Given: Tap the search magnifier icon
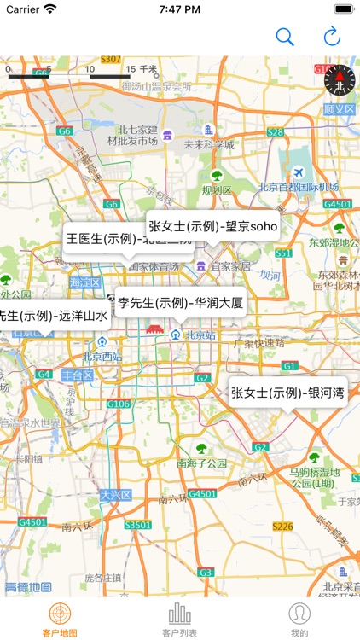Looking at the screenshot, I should (285, 37).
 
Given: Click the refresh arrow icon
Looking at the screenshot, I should (332, 37).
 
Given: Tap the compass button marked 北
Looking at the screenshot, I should (339, 80).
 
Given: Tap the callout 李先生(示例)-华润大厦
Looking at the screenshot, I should (181, 302).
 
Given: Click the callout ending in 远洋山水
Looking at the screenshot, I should (53, 315).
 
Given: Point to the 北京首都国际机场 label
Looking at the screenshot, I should (298, 188).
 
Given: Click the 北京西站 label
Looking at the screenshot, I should (102, 357).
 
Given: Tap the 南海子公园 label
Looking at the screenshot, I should (201, 463).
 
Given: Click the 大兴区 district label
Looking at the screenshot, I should (114, 494).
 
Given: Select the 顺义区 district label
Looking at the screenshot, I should (340, 109).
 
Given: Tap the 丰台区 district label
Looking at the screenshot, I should (77, 375).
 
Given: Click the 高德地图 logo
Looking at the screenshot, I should (27, 587).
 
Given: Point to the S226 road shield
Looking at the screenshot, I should (282, 526).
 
